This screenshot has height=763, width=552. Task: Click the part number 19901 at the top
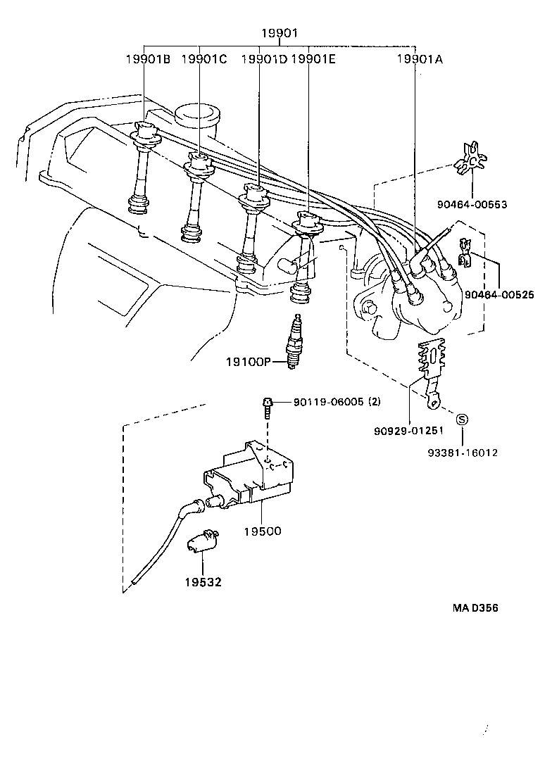tap(280, 33)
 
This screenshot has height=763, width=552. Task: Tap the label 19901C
tap(204, 59)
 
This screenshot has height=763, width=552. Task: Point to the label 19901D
tap(264, 59)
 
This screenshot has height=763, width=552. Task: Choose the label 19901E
tap(313, 59)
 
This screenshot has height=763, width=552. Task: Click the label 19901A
tap(420, 59)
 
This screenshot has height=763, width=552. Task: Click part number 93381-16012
tap(463, 453)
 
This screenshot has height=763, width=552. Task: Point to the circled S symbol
tap(463, 420)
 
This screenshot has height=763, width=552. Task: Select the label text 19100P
tap(248, 362)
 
